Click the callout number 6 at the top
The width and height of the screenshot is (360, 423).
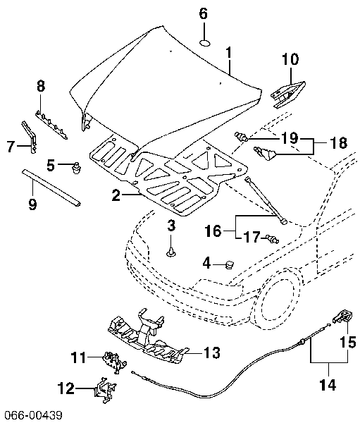coord(204,13)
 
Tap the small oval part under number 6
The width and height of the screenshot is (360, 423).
coord(205,43)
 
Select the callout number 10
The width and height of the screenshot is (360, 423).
coord(290,59)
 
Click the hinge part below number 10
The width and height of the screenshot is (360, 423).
coord(287,94)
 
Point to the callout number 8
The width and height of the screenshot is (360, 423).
coord(41,86)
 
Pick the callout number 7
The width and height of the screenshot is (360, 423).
coord(11,147)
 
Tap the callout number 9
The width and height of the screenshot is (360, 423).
coord(32,204)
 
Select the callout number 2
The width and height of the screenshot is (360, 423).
coord(116,195)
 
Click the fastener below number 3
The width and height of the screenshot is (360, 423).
coord(171,252)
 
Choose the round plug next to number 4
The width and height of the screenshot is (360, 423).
coord(230,264)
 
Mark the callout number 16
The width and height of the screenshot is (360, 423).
coord(213,231)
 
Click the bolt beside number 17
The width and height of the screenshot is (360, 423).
coord(272,239)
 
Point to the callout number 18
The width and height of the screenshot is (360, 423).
coord(339,142)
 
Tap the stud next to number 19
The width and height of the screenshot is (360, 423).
coord(242,136)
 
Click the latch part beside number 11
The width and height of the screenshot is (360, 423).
coord(115,362)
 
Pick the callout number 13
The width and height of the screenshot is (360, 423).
coord(212,352)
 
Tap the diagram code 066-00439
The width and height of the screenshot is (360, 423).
coord(32,415)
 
